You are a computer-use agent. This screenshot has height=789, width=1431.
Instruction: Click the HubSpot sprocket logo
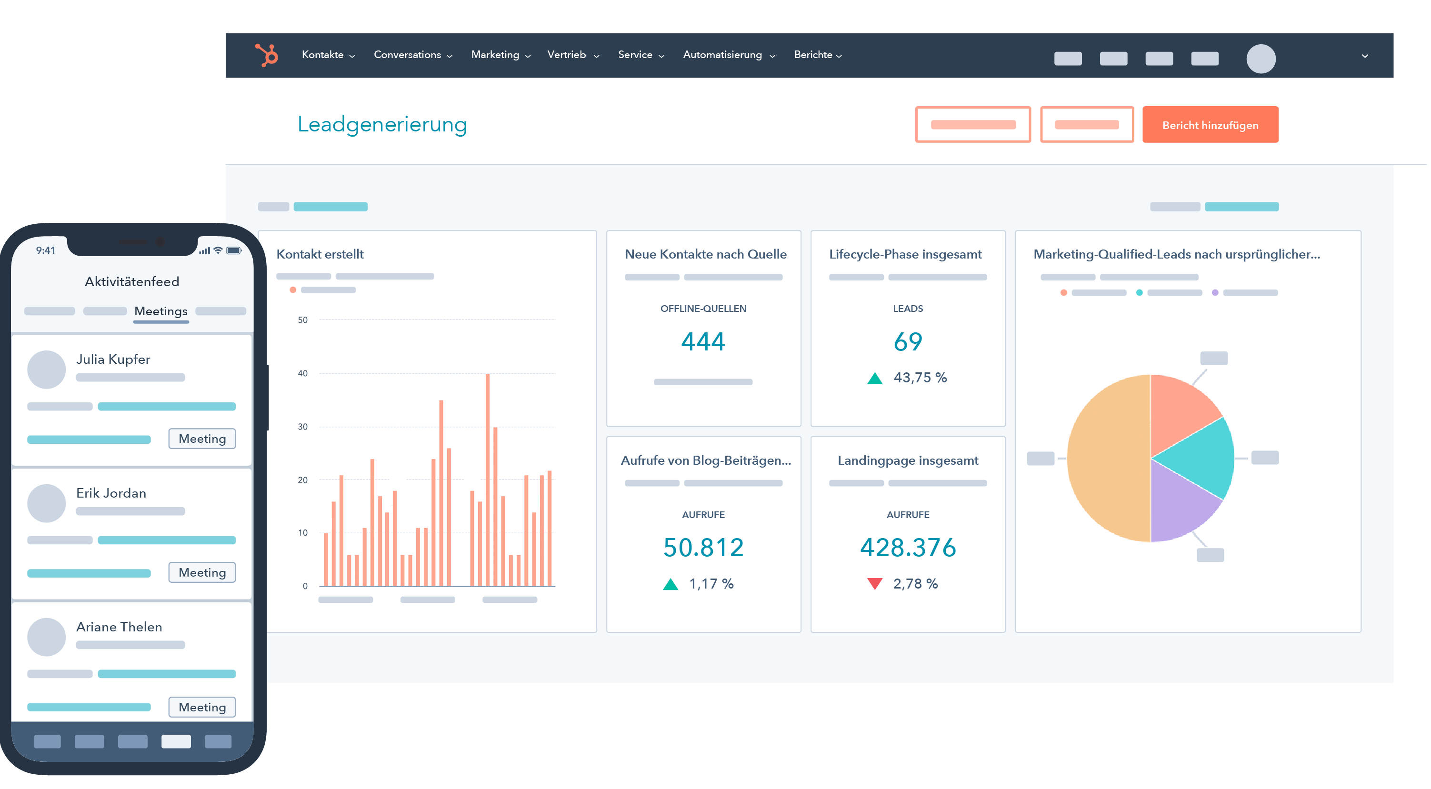267,55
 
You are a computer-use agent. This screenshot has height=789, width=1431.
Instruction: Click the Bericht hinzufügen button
1210,125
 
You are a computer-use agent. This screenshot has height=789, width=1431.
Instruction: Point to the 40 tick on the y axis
303,373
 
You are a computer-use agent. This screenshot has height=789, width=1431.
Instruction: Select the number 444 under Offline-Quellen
703,341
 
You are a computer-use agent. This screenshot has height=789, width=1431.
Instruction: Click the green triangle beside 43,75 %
875,379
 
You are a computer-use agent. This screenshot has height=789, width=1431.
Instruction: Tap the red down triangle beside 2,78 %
875,583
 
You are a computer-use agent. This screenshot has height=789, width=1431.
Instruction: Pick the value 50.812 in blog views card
703,547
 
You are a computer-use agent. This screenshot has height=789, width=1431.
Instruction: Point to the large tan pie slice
1108,459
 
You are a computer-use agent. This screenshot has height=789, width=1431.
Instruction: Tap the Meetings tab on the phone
161,311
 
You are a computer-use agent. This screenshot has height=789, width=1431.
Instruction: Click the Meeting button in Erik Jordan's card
202,572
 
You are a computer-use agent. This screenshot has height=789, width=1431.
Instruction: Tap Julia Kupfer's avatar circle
47,370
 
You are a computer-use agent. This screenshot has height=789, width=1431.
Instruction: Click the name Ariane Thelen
120,627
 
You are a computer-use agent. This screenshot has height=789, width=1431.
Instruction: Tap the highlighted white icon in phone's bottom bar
176,741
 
